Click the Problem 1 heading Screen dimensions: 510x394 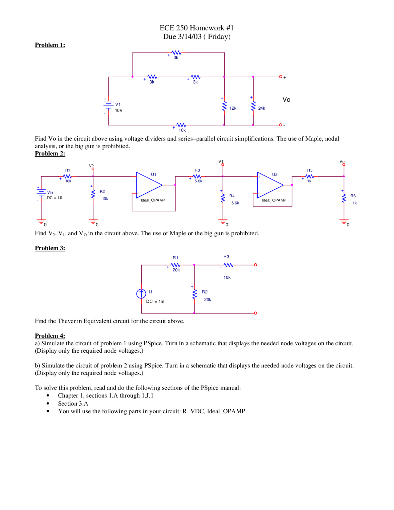pos(50,45)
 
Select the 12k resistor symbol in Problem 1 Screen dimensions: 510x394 pos(224,106)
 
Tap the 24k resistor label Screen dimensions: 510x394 pos(262,108)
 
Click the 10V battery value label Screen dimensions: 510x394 pos(119,111)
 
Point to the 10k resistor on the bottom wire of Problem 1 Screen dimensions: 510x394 pos(181,125)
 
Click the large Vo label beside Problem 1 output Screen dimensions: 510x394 pos(286,100)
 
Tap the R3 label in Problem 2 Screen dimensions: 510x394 pos(197,170)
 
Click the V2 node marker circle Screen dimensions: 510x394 pos(93,169)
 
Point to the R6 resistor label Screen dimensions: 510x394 pos(353,196)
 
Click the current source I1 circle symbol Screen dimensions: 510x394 pos(141,293)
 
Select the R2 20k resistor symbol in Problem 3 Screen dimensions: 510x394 pos(195,294)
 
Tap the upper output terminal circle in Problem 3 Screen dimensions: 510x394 pos(255,265)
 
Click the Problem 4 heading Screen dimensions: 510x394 pos(50,336)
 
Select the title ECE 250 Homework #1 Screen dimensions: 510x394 pos(197,28)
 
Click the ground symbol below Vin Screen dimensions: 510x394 pos(41,221)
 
